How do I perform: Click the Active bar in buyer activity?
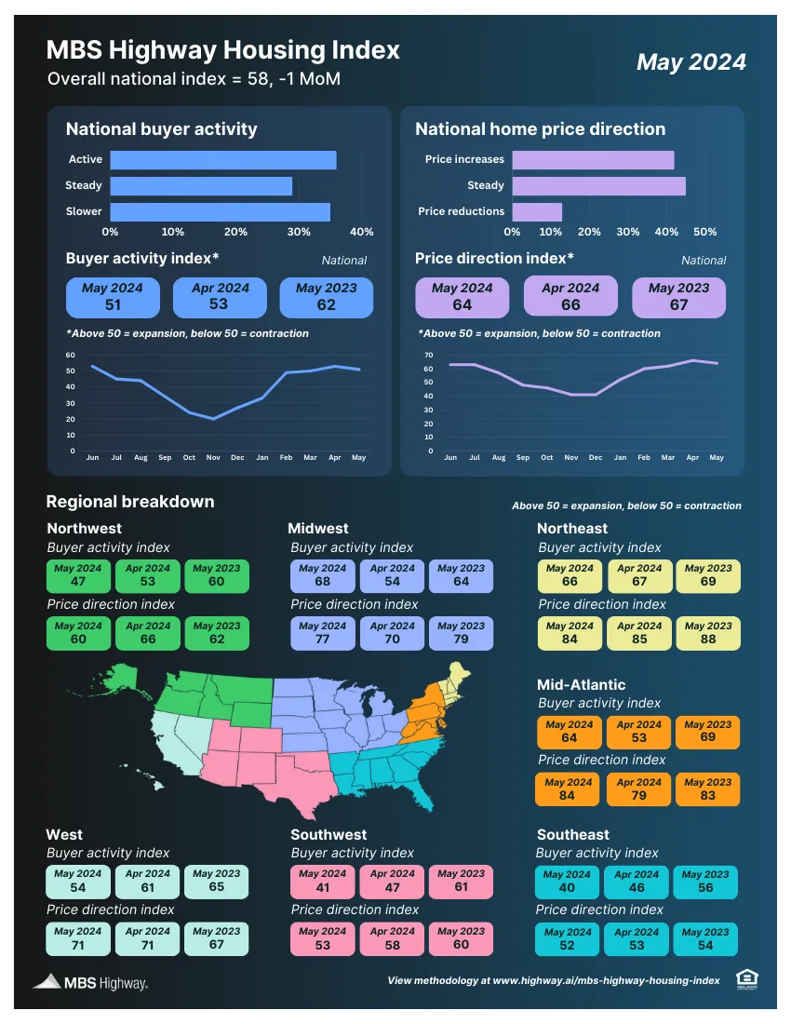tap(223, 160)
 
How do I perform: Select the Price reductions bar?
tap(537, 211)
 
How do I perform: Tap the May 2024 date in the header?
tap(690, 61)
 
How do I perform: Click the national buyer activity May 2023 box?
tap(326, 297)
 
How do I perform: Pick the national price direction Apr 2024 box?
tap(570, 297)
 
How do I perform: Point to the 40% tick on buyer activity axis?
tap(362, 232)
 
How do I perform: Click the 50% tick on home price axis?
tap(705, 232)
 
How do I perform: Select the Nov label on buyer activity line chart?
tap(213, 458)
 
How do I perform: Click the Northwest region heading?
tap(84, 529)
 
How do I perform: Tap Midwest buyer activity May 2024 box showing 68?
tap(322, 575)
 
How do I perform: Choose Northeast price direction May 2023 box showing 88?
tap(708, 633)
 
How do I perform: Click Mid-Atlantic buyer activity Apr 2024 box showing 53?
tap(639, 732)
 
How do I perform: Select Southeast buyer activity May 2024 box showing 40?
tap(567, 882)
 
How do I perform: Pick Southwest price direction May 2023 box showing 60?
tap(461, 938)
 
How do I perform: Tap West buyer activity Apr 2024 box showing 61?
tap(148, 881)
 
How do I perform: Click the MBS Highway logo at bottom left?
tap(90, 982)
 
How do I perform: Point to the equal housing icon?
tap(745, 977)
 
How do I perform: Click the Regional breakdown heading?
tap(130, 502)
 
